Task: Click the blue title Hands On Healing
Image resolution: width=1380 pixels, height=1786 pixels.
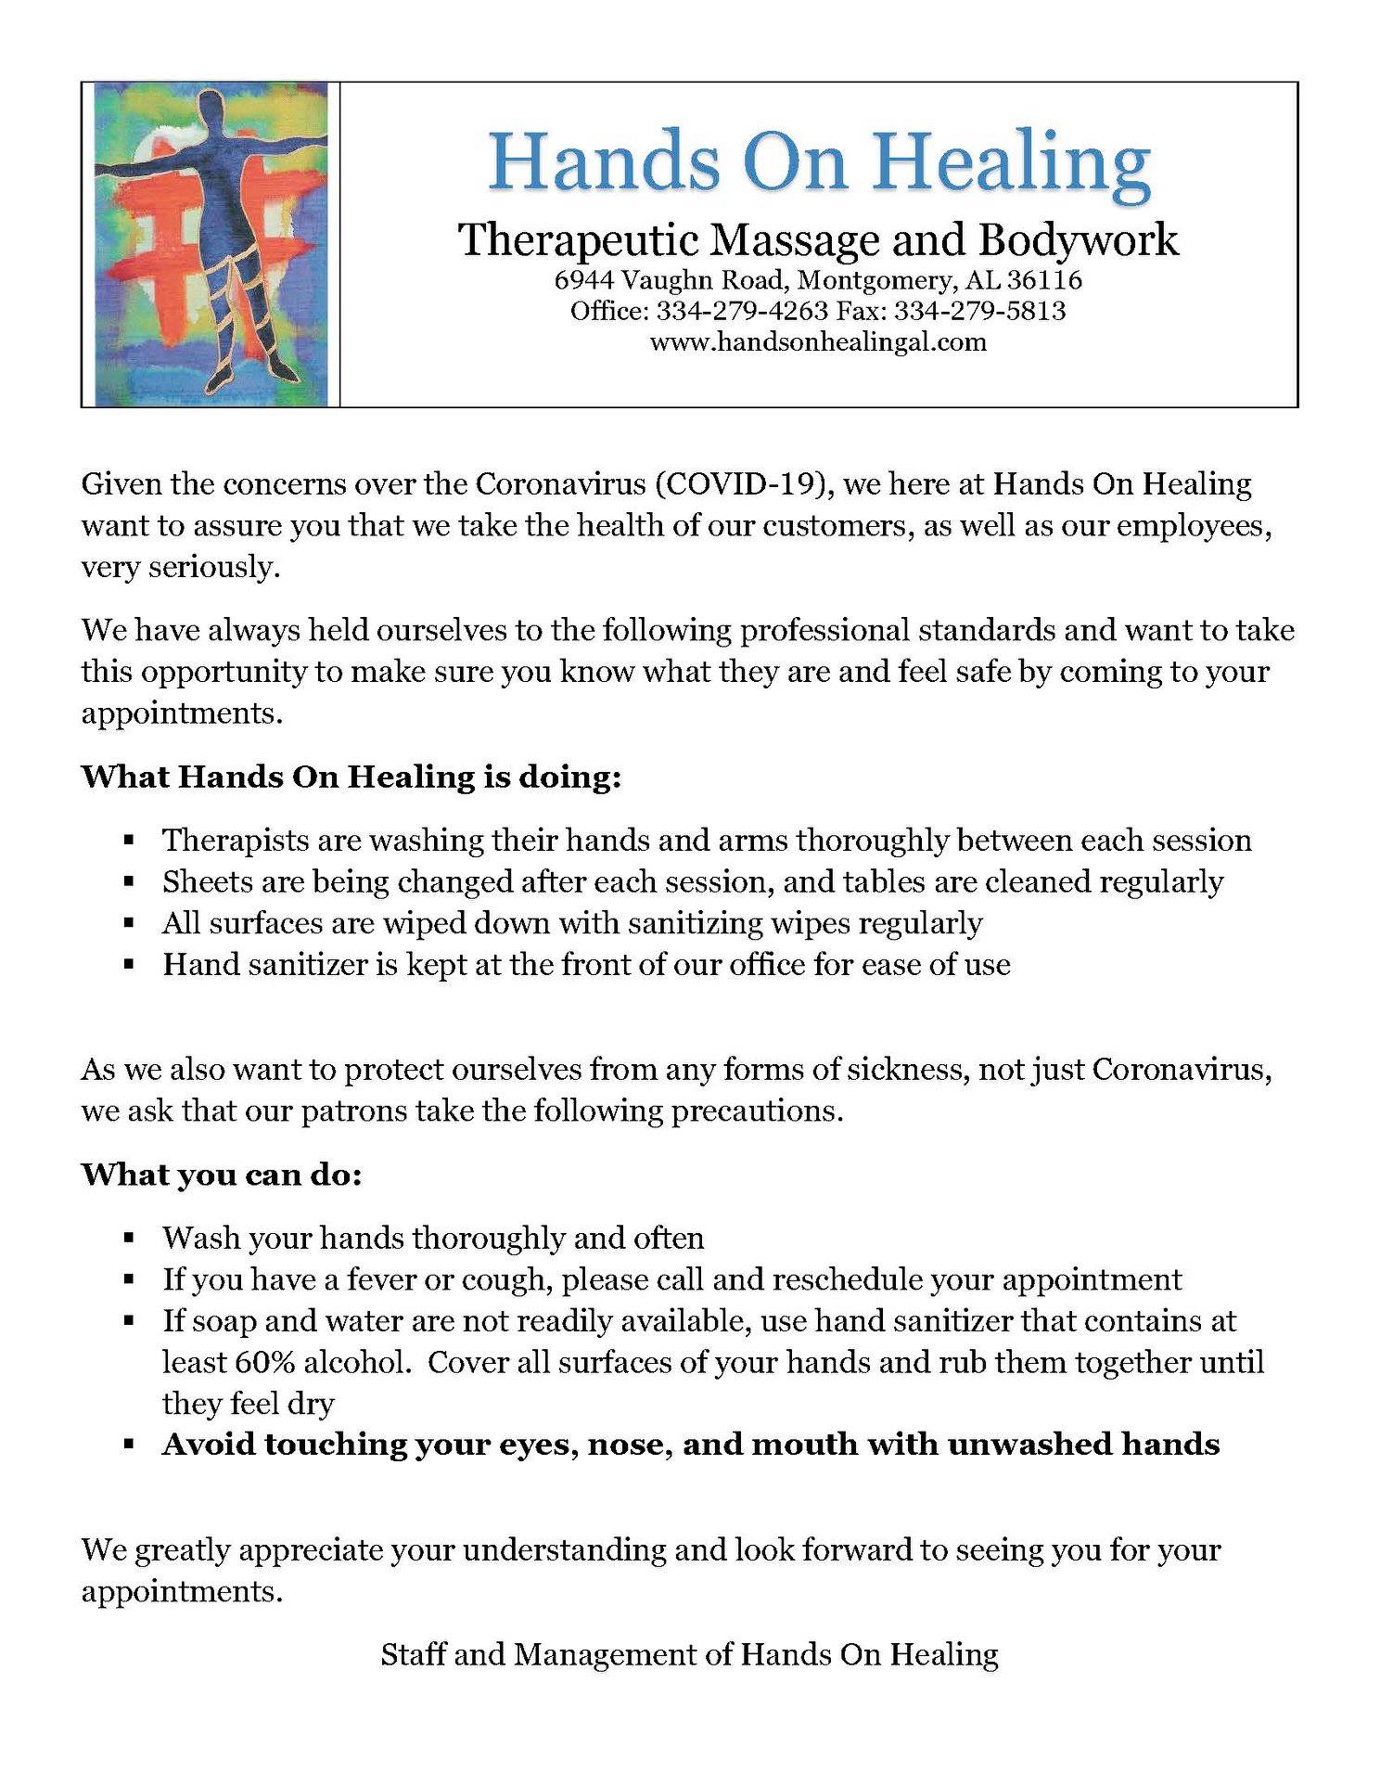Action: [x=819, y=161]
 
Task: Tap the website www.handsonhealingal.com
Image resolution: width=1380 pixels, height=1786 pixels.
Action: [x=818, y=342]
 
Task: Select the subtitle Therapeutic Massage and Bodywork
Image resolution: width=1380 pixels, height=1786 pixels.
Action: [x=819, y=240]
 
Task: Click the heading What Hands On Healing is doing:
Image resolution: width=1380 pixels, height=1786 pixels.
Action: [x=351, y=777]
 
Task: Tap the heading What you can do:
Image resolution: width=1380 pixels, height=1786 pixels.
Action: [x=222, y=1175]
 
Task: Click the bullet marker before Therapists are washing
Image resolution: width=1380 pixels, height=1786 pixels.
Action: [x=130, y=842]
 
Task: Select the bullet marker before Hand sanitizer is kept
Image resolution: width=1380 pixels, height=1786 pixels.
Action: [x=130, y=966]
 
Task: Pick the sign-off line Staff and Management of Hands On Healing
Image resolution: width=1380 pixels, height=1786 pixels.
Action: [x=689, y=1654]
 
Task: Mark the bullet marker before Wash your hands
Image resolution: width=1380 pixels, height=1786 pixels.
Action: [x=130, y=1239]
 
